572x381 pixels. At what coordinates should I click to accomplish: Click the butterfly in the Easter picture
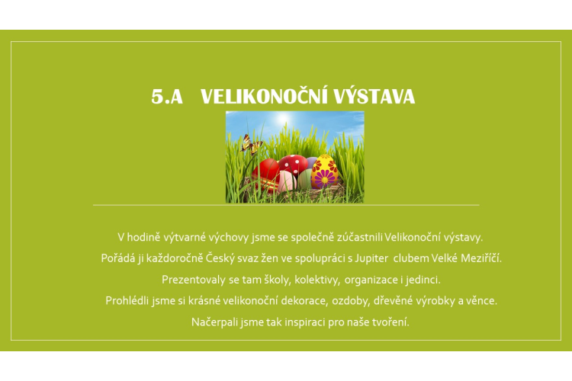(252, 144)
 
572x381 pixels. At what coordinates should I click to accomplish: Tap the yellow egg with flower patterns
(324, 171)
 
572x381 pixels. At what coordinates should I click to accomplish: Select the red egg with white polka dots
(294, 164)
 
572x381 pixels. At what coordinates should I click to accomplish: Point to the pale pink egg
(287, 181)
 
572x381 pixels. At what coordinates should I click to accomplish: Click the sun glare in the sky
(284, 119)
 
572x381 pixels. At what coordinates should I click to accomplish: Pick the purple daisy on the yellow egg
(324, 178)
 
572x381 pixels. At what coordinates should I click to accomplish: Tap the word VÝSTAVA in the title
(374, 97)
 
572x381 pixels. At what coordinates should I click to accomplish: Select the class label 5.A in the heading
(167, 97)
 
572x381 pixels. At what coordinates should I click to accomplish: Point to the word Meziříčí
(481, 258)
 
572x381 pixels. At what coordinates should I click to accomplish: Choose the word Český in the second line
(220, 258)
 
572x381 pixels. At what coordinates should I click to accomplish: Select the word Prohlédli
(127, 301)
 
